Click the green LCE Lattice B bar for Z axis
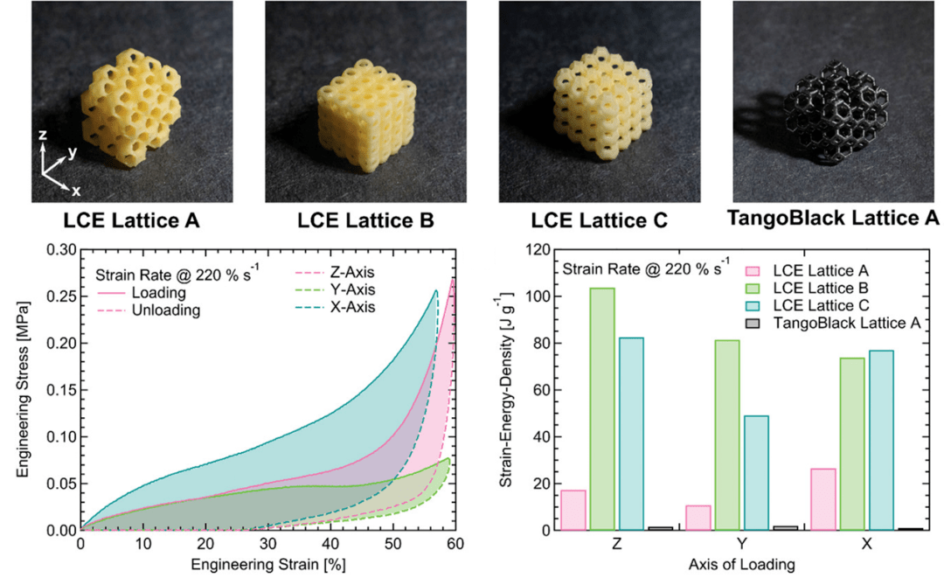[603, 408]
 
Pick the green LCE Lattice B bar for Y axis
[727, 435]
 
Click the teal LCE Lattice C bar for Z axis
[629, 434]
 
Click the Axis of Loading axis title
[740, 565]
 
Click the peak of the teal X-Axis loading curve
[436, 291]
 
